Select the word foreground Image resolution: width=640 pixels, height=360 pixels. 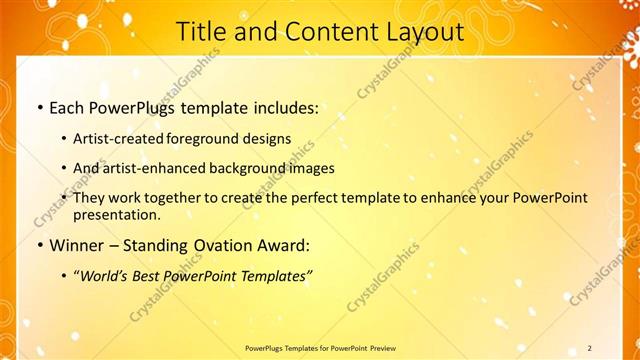tap(213, 138)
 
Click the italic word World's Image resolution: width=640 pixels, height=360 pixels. tap(104, 275)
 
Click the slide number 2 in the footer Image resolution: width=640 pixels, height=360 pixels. tap(590, 348)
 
